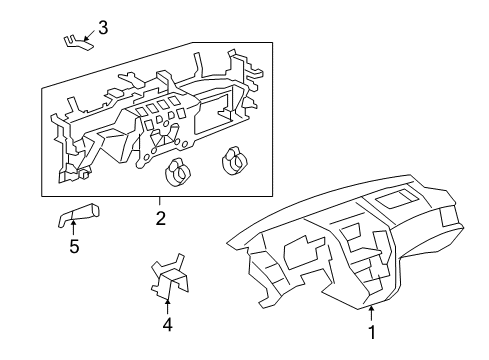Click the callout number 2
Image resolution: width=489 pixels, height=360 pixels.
click(x=160, y=215)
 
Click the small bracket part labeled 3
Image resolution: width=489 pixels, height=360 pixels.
click(x=75, y=40)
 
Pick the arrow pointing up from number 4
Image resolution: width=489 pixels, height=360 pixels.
click(x=168, y=300)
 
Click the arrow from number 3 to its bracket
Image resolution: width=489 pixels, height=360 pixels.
click(x=89, y=36)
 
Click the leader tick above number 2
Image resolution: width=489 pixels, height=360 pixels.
click(x=160, y=201)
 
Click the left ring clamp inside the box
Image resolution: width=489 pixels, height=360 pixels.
click(x=179, y=172)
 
